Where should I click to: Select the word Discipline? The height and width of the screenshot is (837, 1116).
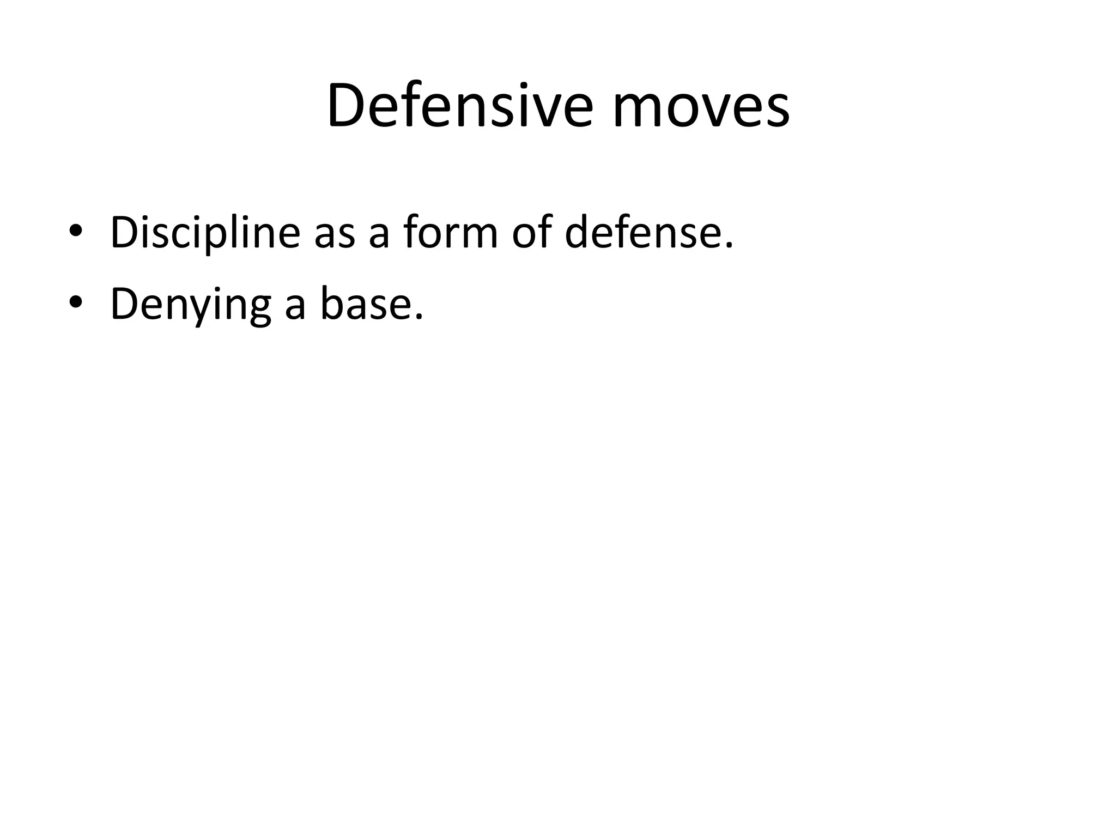point(205,233)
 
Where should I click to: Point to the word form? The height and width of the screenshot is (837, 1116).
point(450,233)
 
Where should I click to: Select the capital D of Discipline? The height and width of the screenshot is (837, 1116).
point(124,233)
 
